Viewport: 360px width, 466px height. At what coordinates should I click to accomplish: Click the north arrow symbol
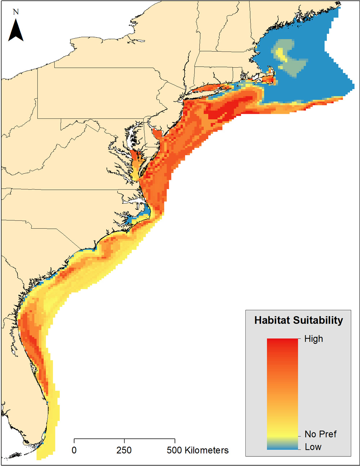coord(16,30)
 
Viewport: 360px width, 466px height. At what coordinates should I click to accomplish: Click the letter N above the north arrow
coord(15,12)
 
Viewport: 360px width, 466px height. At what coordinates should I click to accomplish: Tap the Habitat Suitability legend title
coord(298,320)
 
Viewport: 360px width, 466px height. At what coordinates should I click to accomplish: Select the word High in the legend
coord(314,339)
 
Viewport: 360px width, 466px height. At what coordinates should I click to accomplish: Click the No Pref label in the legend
coord(320,434)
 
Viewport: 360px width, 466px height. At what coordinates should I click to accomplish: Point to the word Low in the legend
coord(313,447)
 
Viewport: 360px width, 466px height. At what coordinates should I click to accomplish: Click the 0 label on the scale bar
coord(74,450)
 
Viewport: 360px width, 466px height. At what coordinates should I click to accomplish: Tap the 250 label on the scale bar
coord(124,450)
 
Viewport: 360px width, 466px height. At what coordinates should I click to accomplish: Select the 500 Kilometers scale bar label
coord(198,450)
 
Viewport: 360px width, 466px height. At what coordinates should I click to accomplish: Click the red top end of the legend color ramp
coord(282,341)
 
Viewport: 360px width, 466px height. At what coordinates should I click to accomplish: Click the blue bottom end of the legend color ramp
coord(282,447)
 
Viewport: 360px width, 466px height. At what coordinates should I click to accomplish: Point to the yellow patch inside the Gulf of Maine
coord(280,54)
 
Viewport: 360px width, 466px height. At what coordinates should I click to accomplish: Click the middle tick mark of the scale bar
coord(125,441)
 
